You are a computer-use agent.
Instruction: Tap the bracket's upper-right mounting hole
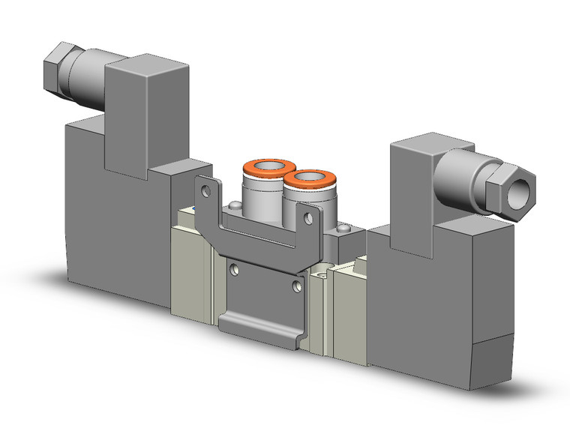pos(307,218)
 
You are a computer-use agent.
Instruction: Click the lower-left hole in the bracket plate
pos(235,268)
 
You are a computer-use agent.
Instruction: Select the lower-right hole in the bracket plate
pos(298,286)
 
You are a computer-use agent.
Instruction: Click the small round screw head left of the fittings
pos(236,205)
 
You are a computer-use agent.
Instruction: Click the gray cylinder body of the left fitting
pos(259,191)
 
